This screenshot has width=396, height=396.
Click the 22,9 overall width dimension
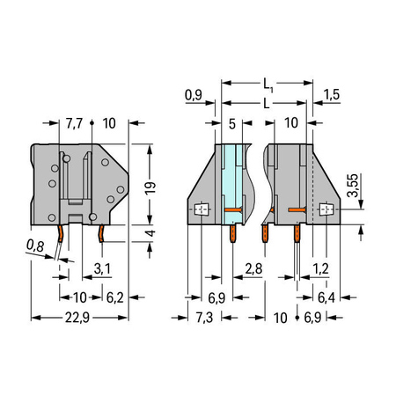[77, 318]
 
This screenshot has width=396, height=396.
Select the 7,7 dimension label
[74, 123]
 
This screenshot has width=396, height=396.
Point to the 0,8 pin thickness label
[35, 246]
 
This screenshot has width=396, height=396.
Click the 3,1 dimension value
[102, 268]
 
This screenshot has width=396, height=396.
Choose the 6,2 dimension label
[114, 297]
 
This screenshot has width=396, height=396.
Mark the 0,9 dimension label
[194, 95]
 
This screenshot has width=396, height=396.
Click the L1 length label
[268, 84]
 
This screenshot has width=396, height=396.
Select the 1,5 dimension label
[332, 94]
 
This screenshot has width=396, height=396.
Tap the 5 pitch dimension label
[232, 124]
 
